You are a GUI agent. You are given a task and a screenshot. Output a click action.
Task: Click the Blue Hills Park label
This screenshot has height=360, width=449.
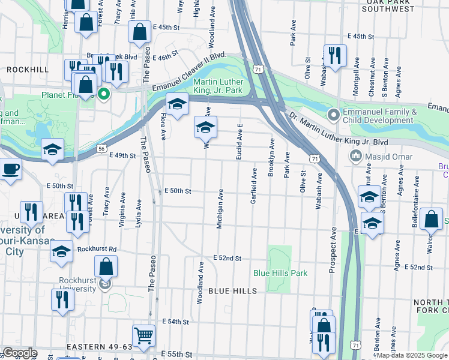pos(280,273)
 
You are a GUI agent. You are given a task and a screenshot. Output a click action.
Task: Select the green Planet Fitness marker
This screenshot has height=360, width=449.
pos(104,94)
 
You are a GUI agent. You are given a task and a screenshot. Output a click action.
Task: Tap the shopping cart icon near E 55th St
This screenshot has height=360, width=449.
pos(143,337)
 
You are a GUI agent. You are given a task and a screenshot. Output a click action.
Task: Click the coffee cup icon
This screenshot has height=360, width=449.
pos(10,169)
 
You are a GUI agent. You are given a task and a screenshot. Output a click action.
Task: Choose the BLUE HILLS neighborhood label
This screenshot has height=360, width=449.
pos(232,291)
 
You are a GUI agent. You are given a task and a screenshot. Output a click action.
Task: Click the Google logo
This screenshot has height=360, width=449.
pos(20,353)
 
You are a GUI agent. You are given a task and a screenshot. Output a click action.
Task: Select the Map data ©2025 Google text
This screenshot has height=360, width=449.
pos(411,355)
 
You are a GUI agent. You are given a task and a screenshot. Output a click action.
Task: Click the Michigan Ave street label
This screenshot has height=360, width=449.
pos(220,209)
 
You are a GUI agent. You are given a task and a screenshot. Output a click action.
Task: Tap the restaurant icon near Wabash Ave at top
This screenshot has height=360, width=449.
pos(334,56)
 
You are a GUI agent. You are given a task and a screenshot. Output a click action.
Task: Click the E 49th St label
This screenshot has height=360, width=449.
pos(123,155)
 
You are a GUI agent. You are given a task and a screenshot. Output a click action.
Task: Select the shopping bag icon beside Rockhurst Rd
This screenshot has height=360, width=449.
pos(106,266)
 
